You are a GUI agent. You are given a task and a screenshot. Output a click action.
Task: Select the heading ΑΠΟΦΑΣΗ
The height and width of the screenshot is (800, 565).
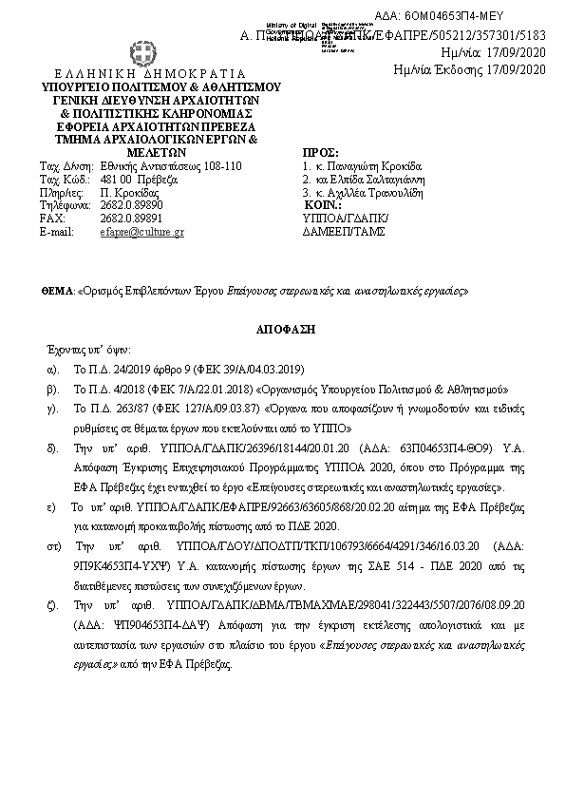pyautogui.click(x=281, y=327)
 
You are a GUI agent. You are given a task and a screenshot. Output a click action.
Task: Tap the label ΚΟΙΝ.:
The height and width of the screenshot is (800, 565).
pyautogui.click(x=322, y=205)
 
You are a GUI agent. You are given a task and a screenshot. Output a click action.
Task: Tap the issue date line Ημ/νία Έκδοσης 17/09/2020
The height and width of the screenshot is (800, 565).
pyautogui.click(x=470, y=69)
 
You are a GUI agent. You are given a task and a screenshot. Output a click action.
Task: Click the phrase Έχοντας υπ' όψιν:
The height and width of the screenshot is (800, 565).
pyautogui.click(x=83, y=349)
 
